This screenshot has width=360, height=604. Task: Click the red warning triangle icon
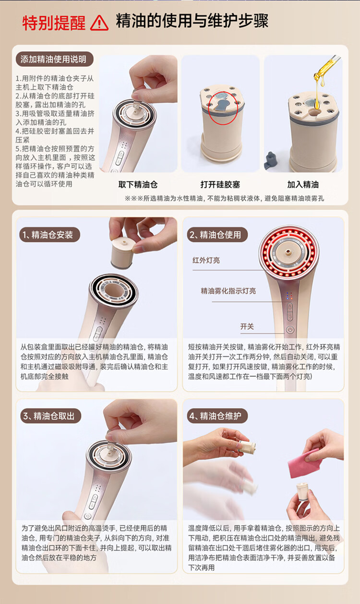click(99, 23)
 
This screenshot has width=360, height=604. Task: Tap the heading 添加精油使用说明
click(53, 60)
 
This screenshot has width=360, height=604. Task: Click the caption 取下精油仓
click(138, 184)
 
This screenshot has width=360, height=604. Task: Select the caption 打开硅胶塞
click(220, 184)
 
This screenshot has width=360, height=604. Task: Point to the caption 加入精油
click(303, 184)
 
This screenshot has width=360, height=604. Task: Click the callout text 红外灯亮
click(206, 260)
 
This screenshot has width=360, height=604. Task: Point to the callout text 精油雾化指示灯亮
click(228, 290)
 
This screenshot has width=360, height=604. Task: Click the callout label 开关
click(247, 326)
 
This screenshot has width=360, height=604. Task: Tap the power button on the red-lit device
click(290, 329)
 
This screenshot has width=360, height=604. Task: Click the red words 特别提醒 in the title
click(54, 23)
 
